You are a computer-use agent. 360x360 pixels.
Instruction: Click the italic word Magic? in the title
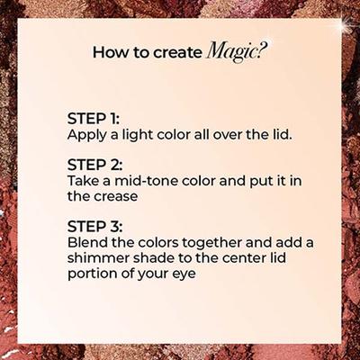click(236, 51)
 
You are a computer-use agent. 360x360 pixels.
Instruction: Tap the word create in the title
click(177, 52)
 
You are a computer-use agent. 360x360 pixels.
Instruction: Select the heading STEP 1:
click(94, 119)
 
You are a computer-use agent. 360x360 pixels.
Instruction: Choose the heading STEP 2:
click(94, 165)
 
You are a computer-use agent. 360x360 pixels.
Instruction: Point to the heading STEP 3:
click(94, 226)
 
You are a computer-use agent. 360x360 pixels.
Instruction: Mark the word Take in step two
click(81, 181)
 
